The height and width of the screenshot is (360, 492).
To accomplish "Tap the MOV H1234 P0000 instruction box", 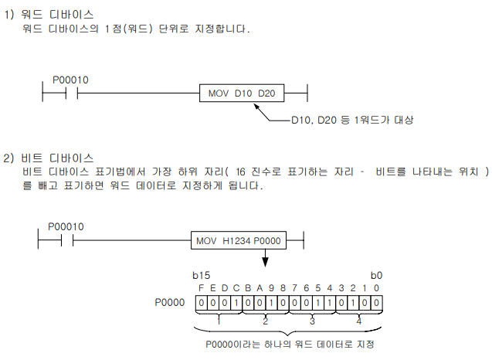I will click(x=238, y=240).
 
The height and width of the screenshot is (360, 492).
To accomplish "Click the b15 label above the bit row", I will click(x=200, y=274).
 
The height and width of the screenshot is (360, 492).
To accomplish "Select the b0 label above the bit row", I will click(x=376, y=274).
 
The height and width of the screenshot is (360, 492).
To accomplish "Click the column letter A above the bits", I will click(x=260, y=287).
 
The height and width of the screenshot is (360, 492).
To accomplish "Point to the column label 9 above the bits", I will click(x=272, y=287).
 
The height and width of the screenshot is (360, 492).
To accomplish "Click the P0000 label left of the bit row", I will click(x=170, y=302).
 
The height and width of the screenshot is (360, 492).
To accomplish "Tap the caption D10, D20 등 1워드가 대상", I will click(x=352, y=120).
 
